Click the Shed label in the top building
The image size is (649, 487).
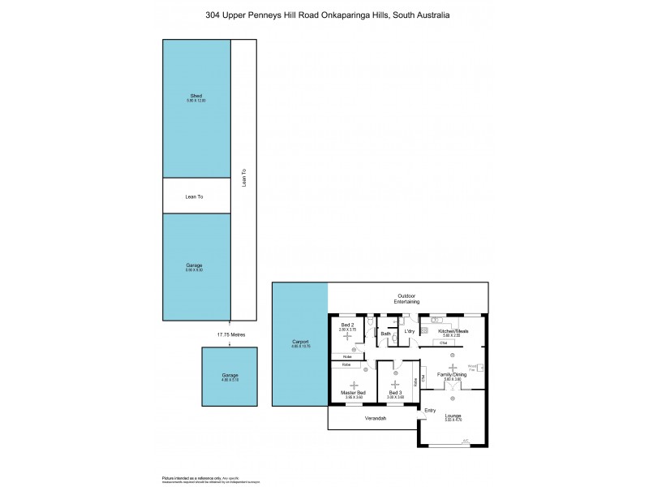(x=196, y=96)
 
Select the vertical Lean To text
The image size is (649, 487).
(x=244, y=179)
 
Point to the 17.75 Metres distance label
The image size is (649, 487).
(x=230, y=334)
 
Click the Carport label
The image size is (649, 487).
(x=300, y=343)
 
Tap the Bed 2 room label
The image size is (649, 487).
(x=347, y=325)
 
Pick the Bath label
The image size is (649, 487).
(x=386, y=334)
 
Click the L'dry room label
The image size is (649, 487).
(x=410, y=331)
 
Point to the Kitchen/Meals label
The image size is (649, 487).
(x=453, y=331)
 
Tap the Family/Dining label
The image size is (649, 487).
(x=453, y=374)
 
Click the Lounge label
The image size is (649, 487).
(x=453, y=416)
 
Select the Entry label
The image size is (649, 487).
(x=430, y=410)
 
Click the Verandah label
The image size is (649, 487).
(x=373, y=418)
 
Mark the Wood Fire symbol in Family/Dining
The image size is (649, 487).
(x=481, y=368)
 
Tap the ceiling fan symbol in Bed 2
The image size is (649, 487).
(x=347, y=336)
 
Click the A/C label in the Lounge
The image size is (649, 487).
(x=466, y=442)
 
